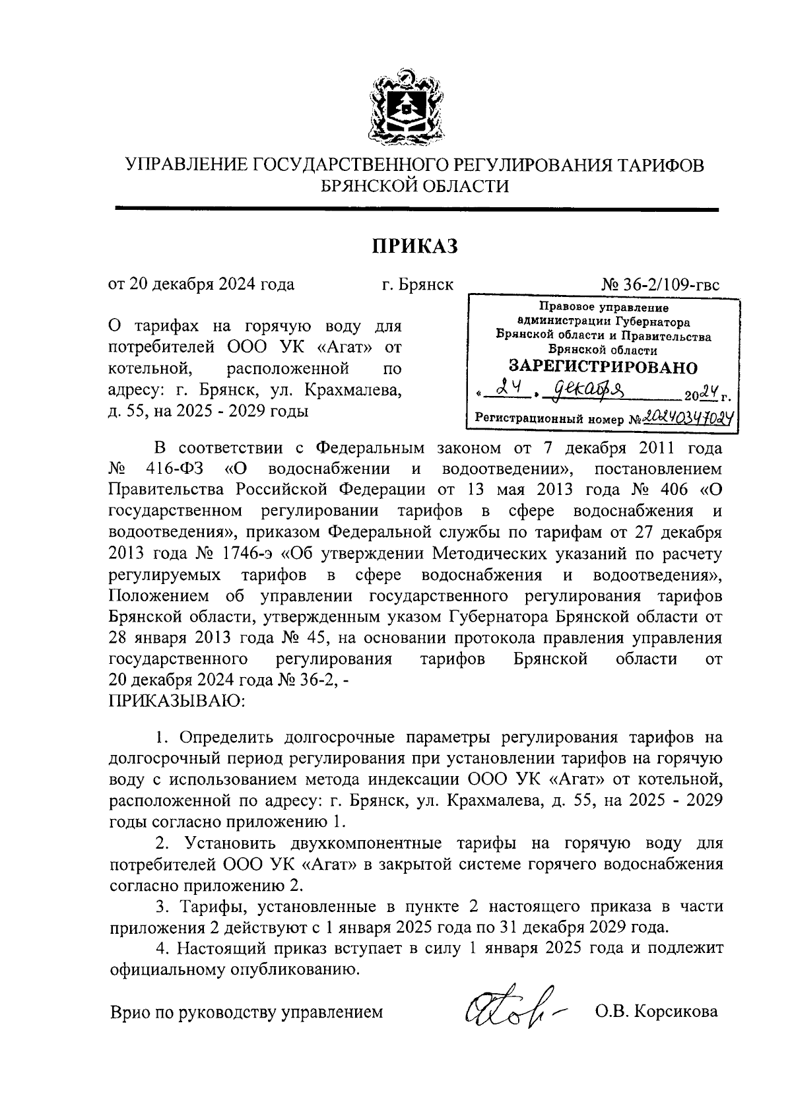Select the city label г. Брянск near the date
pos(417,285)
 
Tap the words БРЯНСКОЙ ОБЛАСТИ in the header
pos(414,187)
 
